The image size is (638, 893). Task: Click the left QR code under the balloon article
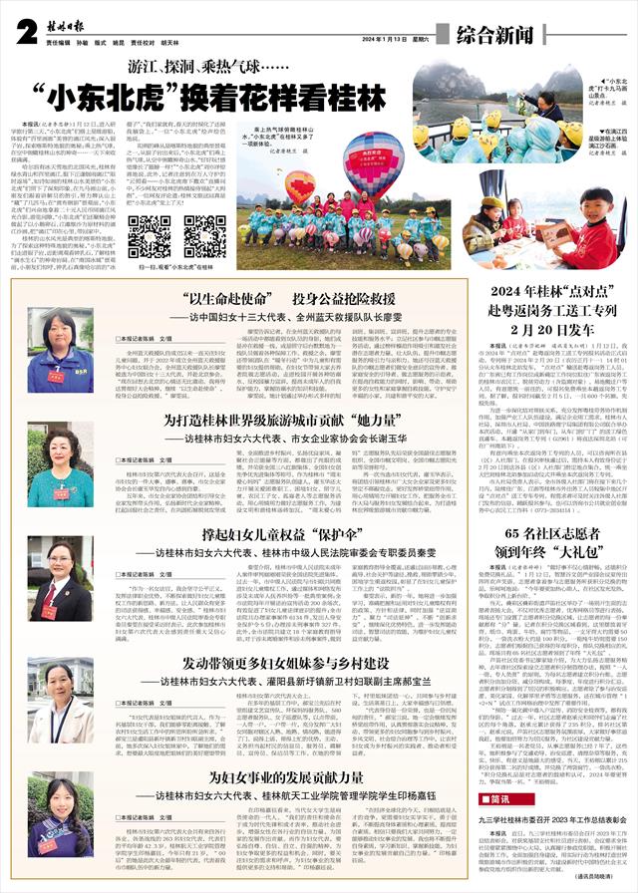pyautogui.click(x=150, y=236)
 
